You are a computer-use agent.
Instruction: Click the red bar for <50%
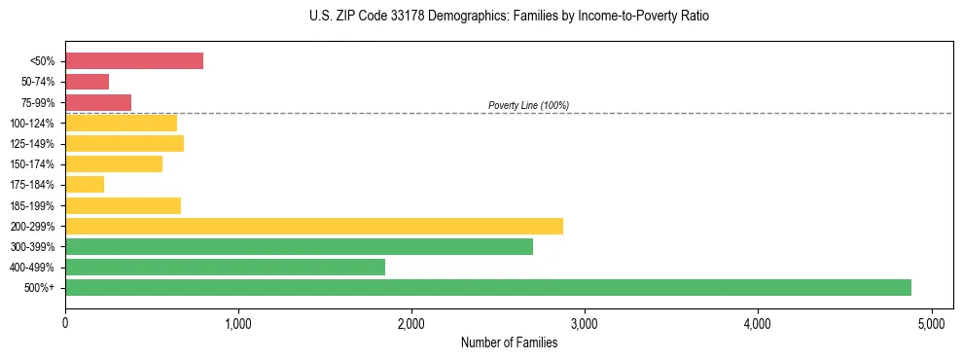134,61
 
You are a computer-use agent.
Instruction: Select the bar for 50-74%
87,82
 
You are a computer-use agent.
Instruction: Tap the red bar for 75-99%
98,102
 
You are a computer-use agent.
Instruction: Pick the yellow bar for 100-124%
121,123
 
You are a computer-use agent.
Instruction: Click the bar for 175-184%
85,184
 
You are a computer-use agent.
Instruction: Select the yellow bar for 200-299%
313,226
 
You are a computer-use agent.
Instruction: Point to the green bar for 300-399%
299,246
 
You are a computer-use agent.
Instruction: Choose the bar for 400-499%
225,267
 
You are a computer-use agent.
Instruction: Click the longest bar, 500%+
487,287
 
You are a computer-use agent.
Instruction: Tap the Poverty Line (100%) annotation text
528,105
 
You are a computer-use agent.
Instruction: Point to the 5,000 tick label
931,323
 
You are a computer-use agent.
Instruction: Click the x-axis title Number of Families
509,342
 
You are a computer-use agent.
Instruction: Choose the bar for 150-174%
114,163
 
